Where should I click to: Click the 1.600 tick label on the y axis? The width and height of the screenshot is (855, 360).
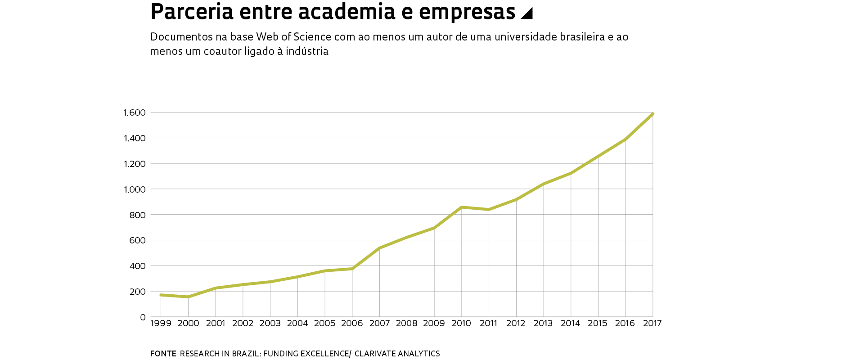[x=134, y=112]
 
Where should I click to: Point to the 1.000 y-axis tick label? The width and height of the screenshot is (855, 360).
[x=134, y=189]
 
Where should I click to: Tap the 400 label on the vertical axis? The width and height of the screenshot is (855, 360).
[x=138, y=266]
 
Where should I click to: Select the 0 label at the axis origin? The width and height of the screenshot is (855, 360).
[x=143, y=317]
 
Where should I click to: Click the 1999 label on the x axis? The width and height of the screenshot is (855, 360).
[x=161, y=323]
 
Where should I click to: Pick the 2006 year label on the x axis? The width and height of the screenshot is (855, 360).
[x=352, y=323]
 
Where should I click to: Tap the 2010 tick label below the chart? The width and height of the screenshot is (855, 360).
[x=461, y=323]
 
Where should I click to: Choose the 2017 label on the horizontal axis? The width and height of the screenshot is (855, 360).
[x=652, y=323]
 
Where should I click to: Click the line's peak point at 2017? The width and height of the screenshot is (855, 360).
[x=652, y=114]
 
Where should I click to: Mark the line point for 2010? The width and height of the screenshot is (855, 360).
[x=461, y=207]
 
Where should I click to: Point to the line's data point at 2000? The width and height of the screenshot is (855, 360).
[x=188, y=297]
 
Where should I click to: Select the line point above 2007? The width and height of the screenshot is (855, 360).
[x=379, y=248]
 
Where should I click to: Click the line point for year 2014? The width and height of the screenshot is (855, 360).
[x=571, y=173]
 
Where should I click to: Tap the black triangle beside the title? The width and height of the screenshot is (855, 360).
[x=527, y=14]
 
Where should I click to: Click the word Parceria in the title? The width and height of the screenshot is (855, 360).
[x=192, y=12]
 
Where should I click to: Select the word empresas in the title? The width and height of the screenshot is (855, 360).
[x=467, y=12]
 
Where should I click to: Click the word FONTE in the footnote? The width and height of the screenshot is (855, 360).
[x=163, y=354]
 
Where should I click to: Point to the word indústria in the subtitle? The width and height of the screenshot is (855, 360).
[x=307, y=51]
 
